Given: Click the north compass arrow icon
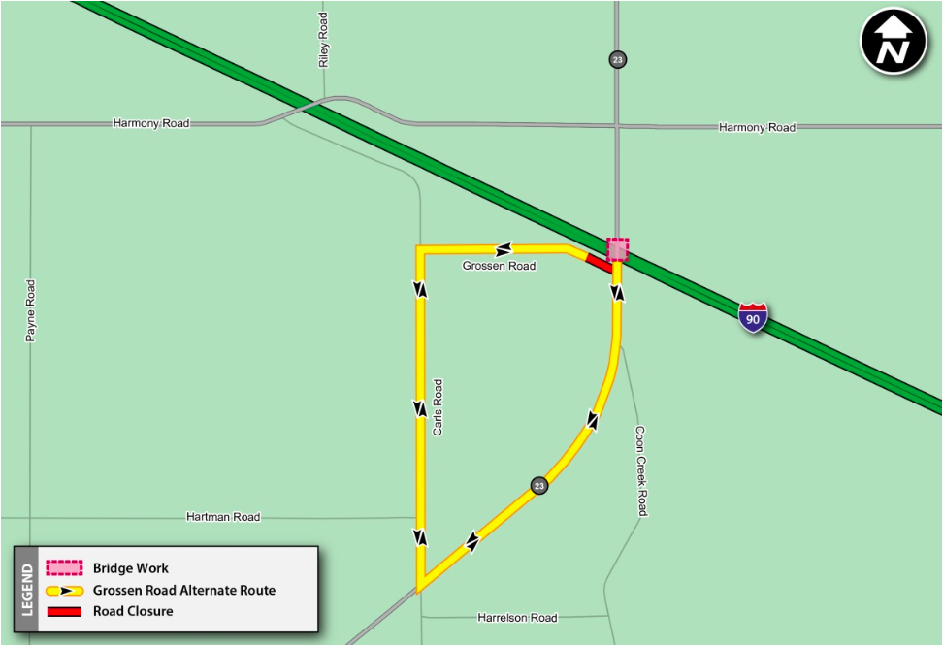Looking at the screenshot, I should coord(894,41).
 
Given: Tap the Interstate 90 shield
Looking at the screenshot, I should coord(753,317).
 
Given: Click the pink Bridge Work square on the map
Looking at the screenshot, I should coord(618,249).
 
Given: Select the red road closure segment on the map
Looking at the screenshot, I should coord(599,263).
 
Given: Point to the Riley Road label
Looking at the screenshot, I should coord(324,40).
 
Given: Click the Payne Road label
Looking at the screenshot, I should coord(31,310).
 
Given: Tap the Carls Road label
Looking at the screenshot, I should coord(438,406).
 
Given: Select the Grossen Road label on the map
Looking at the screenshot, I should coord(499,266).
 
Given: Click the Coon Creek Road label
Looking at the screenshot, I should coord(640,470).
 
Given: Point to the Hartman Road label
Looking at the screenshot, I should coord(223,517).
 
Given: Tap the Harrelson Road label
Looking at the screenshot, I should coord(517,618).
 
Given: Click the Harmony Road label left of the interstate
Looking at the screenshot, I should coord(151,123).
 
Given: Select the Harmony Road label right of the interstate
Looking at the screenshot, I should coord(757,127).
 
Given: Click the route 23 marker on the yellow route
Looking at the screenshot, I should coord(539,485).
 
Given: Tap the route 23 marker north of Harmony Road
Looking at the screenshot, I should coord(618,59).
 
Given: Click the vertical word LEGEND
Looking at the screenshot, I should coord(26,590).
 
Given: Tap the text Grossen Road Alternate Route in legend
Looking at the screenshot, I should coord(184,590).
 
